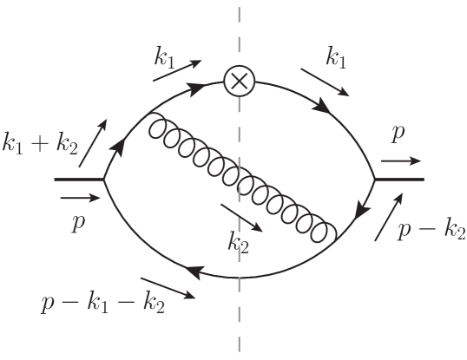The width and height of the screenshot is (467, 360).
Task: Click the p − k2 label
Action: click(x=431, y=231)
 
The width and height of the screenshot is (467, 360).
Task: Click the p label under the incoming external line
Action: click(x=77, y=222)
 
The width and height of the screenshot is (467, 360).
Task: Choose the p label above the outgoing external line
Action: click(x=398, y=134)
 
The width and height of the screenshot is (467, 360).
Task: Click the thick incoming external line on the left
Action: click(x=79, y=180)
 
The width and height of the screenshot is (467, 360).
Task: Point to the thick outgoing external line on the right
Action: click(x=399, y=180)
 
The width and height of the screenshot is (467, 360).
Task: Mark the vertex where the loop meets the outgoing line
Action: click(x=374, y=180)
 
